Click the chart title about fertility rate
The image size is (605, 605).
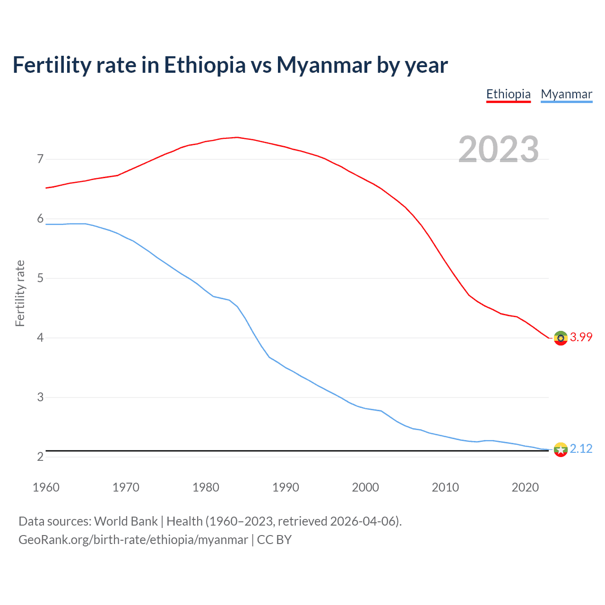[x=230, y=65]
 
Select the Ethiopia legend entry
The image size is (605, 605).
[x=509, y=94]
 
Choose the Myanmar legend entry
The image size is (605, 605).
[x=566, y=94]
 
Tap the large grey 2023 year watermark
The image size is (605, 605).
[x=499, y=149]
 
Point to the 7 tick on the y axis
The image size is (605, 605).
[x=40, y=159]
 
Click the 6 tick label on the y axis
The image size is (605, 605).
[x=40, y=218]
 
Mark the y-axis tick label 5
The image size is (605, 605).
[x=40, y=278]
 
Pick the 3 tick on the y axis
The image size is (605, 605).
[x=40, y=397]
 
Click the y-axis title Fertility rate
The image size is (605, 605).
[x=20, y=293]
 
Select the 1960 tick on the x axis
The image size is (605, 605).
[x=46, y=487]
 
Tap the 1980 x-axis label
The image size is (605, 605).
[x=206, y=487]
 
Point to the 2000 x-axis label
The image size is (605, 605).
[x=365, y=487]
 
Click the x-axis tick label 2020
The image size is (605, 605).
[x=525, y=487]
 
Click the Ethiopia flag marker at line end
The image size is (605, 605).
[x=561, y=338]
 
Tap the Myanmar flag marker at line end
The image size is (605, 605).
[x=561, y=449]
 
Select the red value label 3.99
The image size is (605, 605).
[x=581, y=337]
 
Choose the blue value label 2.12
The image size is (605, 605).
[x=581, y=449]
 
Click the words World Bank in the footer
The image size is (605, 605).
[x=126, y=521]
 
